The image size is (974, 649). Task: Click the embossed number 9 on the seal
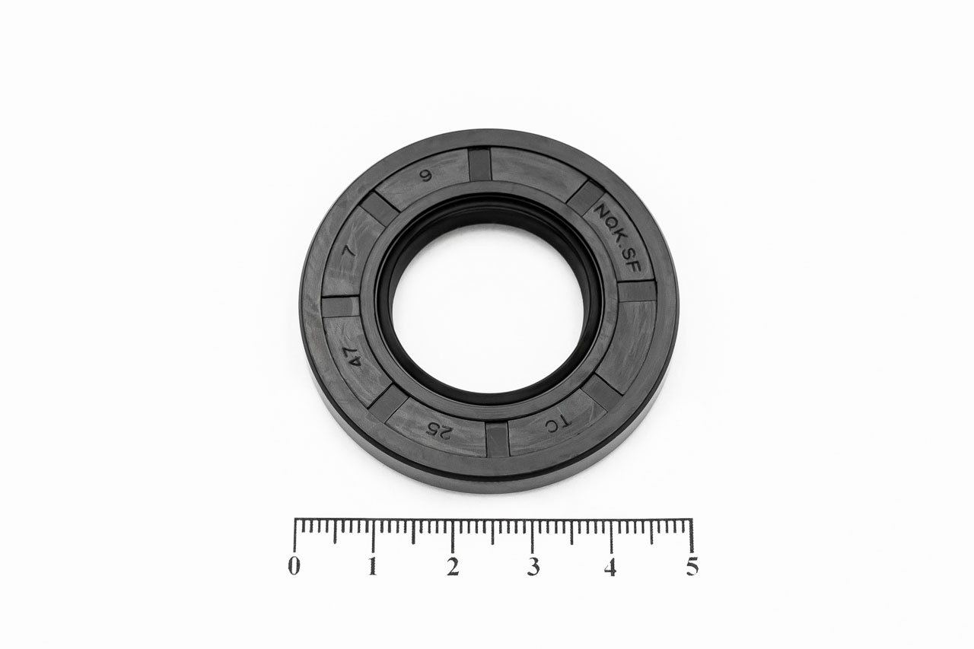point(426,176)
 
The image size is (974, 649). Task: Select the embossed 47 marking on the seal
point(355,358)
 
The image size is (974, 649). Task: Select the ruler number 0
point(294,567)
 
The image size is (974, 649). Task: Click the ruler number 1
point(374,567)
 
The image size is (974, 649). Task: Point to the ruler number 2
point(453,567)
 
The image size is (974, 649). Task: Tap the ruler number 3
point(532,567)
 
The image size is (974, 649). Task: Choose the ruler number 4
point(611,567)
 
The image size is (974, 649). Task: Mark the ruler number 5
point(691,567)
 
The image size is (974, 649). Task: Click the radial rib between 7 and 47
point(339,306)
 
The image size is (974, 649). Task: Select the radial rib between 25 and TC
point(497,440)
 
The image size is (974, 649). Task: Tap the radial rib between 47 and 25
point(390,402)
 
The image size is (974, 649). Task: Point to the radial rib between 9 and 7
point(378,208)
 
